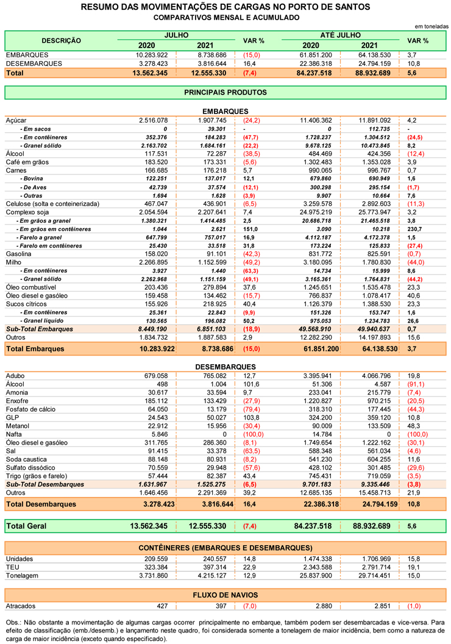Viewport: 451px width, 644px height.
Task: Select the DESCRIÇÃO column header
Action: (x=61, y=41)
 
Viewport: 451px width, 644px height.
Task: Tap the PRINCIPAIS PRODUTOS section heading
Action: (x=225, y=93)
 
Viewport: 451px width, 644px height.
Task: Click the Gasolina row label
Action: (x=18, y=254)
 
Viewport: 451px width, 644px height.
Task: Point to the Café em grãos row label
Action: (x=27, y=162)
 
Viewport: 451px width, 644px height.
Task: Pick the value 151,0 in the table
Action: (x=250, y=229)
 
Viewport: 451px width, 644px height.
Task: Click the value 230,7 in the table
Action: (x=414, y=229)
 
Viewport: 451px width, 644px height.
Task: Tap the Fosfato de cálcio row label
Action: (x=30, y=409)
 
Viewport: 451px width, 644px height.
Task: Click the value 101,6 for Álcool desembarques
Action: (x=251, y=384)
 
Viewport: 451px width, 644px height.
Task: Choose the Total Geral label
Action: (x=26, y=526)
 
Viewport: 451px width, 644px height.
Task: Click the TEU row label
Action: (x=12, y=567)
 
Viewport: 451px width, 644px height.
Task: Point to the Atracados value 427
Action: (x=162, y=606)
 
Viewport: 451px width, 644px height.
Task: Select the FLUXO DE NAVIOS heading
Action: (x=225, y=595)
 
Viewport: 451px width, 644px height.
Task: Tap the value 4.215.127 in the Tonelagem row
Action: (x=211, y=576)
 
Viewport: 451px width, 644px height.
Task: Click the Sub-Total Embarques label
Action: (x=40, y=329)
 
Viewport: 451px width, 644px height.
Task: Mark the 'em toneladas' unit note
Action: (x=431, y=26)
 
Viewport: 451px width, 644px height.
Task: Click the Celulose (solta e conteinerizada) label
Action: (x=52, y=204)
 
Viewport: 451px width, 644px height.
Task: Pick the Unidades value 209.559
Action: (x=156, y=559)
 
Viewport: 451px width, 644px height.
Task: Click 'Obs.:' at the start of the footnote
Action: (x=13, y=622)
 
